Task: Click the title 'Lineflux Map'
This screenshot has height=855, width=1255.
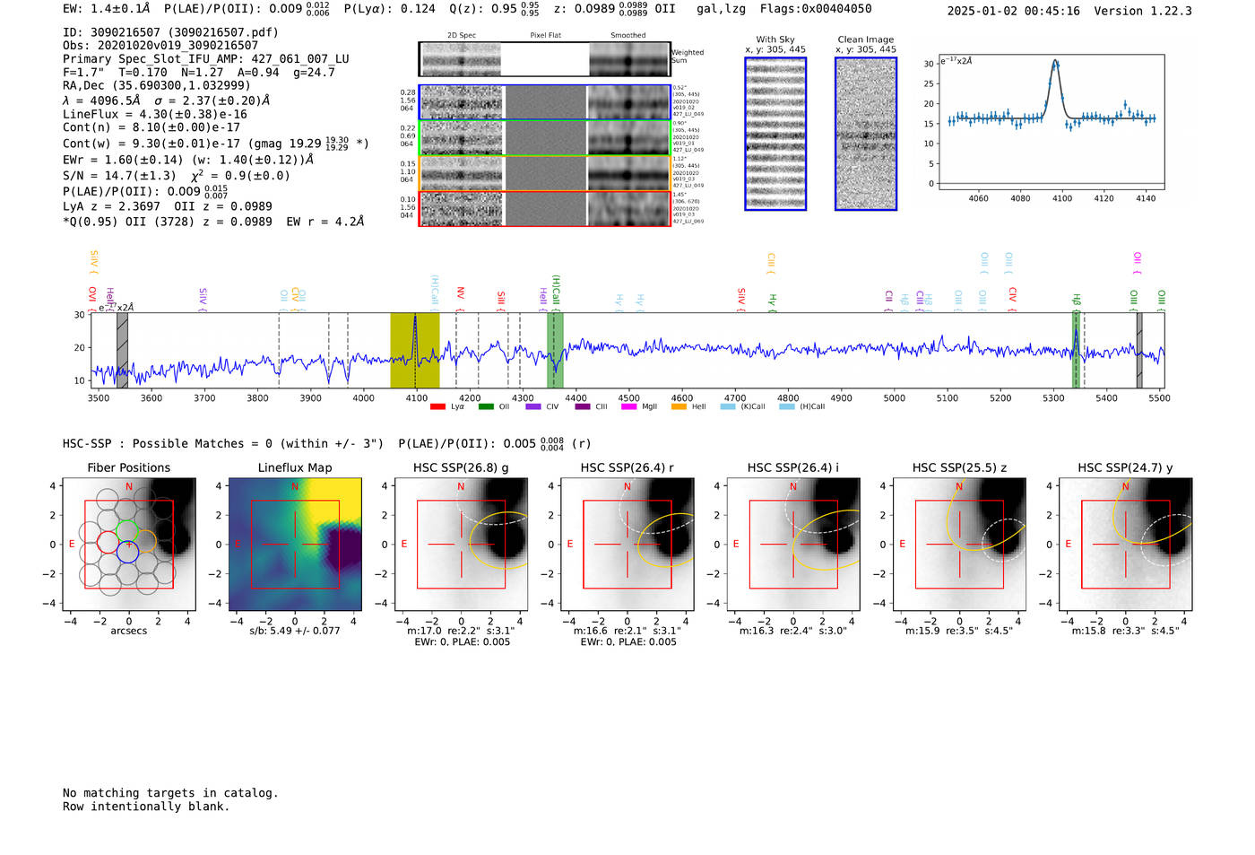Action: tap(294, 467)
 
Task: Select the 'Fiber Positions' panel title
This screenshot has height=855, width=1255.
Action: tap(128, 467)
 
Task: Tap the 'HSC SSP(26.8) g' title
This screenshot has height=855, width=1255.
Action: tap(461, 467)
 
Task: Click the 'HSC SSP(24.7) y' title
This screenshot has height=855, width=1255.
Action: tap(1125, 467)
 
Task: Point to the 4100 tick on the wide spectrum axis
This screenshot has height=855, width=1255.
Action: tap(416, 397)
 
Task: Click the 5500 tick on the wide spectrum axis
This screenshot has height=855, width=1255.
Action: tap(1159, 397)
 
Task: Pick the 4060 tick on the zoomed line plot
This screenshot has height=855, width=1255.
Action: tap(978, 198)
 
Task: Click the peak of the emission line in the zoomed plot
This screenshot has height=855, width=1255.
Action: tap(1056, 62)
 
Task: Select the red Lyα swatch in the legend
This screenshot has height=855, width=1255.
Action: tap(437, 406)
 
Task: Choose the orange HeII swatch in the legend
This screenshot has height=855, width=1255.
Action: tap(679, 406)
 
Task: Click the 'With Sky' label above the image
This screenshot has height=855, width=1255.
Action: tap(775, 39)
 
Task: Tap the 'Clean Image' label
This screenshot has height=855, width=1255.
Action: tap(865, 39)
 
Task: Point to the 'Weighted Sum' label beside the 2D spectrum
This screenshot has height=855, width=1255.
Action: tap(688, 57)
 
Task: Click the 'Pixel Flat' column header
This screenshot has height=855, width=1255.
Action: tap(545, 36)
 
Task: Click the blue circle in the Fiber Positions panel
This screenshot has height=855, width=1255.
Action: tap(127, 552)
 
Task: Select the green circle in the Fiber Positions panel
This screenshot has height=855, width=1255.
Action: tap(127, 530)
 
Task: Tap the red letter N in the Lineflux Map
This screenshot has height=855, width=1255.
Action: tap(295, 487)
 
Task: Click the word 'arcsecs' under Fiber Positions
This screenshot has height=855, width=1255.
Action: tap(128, 631)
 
